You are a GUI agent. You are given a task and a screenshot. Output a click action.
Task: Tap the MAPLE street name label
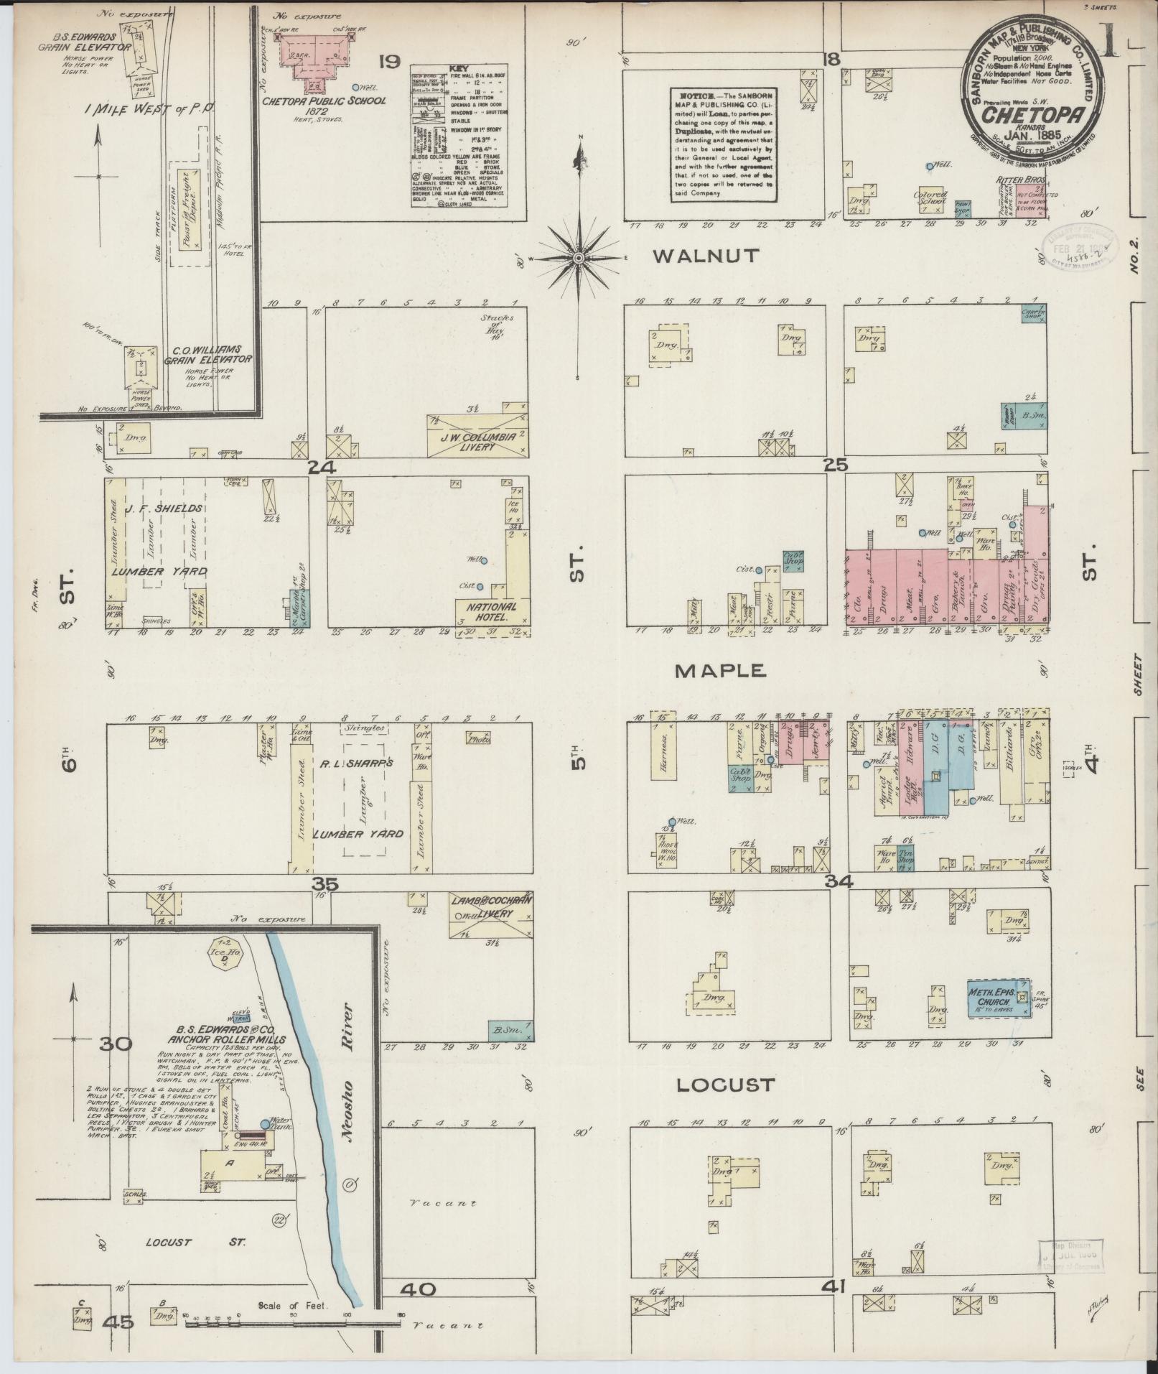click(721, 670)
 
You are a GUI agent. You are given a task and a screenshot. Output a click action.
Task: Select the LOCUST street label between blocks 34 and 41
click(726, 1085)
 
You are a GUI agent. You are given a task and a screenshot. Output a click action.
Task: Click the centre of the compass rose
click(578, 258)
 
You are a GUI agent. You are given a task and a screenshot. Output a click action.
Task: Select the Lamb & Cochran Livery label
click(490, 906)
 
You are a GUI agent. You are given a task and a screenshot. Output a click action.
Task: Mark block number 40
click(418, 1289)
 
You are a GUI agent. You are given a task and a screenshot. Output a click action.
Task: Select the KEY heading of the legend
click(458, 69)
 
